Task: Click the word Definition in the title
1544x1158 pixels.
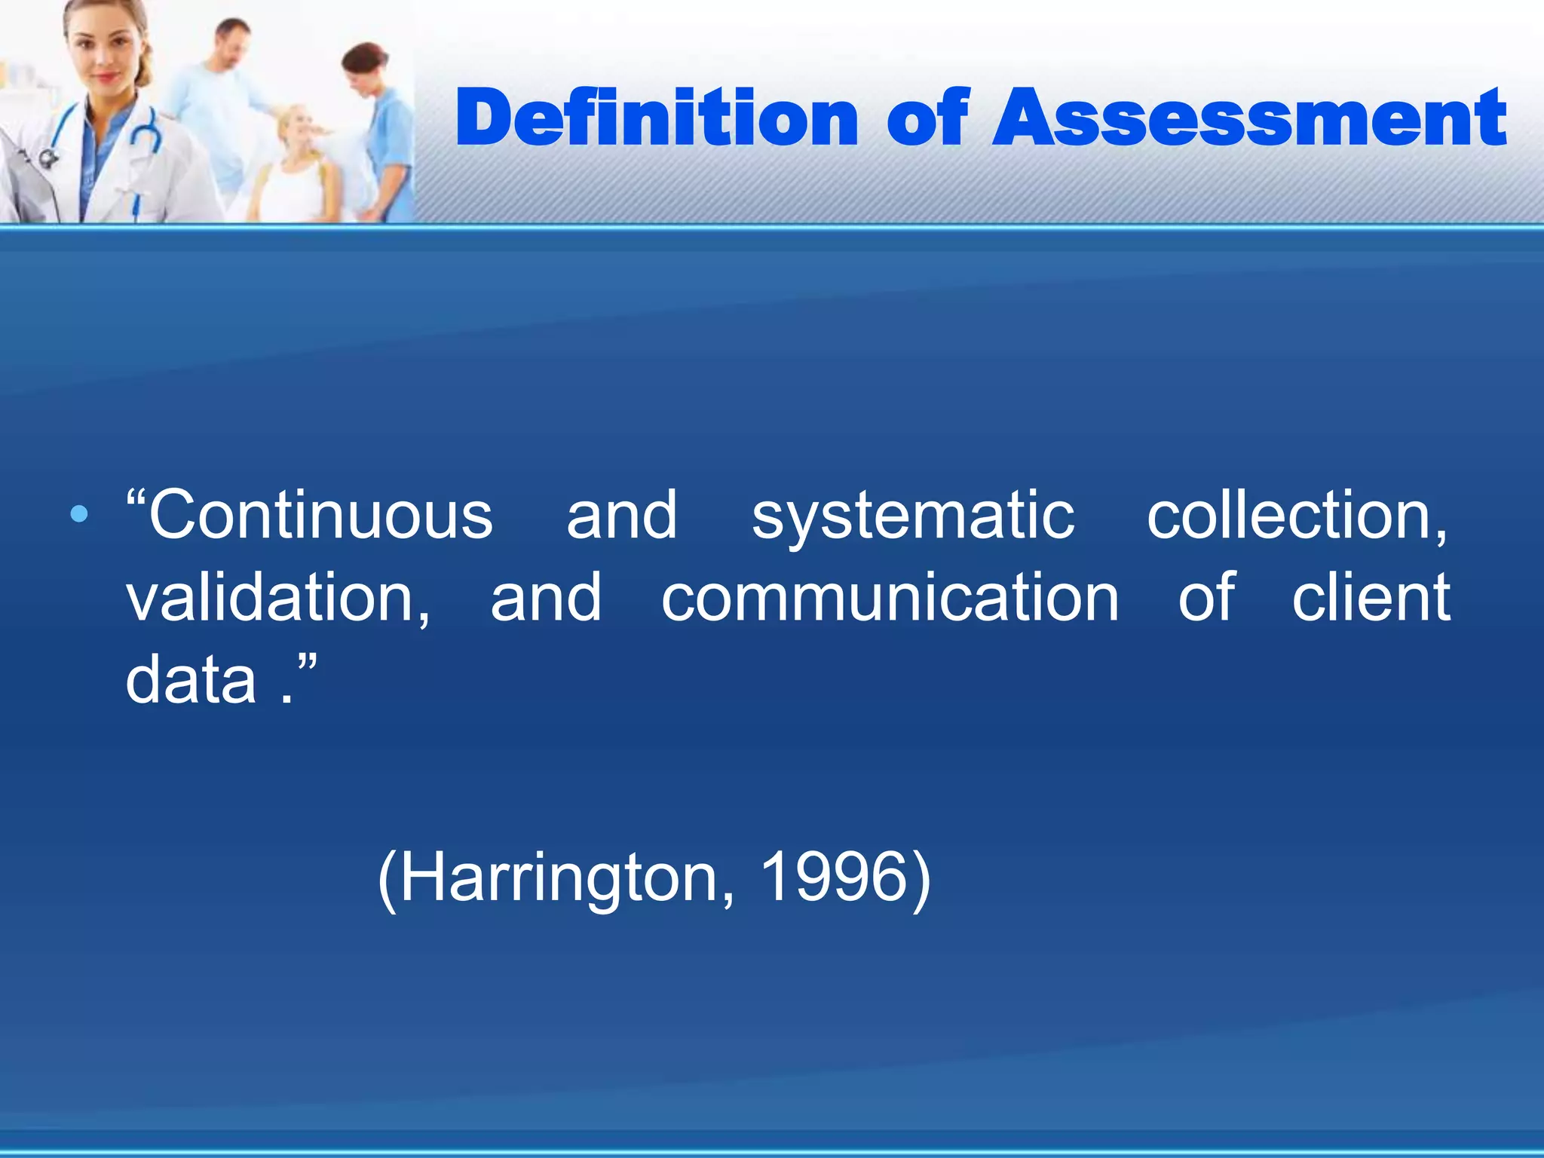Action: click(657, 118)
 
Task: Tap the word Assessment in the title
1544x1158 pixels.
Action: click(1249, 118)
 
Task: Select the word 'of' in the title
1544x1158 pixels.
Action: click(927, 118)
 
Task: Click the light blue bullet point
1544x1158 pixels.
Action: click(78, 515)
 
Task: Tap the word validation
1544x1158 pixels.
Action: click(277, 599)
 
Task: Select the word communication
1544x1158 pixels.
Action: click(890, 599)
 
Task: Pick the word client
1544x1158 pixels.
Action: click(1371, 597)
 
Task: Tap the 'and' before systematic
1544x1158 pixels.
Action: click(622, 516)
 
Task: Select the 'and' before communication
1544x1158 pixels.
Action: click(546, 599)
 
